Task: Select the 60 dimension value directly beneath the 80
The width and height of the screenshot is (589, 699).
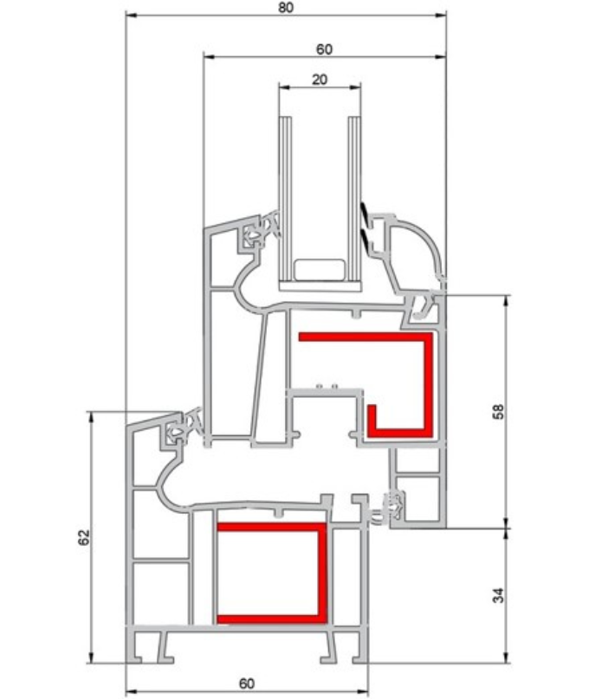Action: point(324,49)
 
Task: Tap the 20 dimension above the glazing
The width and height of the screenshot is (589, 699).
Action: point(319,79)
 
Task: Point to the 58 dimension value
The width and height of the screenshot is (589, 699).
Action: point(496,411)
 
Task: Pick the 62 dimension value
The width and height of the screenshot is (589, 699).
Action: point(84,537)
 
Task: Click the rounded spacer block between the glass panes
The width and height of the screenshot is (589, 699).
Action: point(318,269)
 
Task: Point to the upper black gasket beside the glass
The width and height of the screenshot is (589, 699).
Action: point(366,210)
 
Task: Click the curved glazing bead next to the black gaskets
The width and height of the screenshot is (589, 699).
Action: point(408,247)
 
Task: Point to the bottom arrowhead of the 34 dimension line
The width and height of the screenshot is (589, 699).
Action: point(507,659)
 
